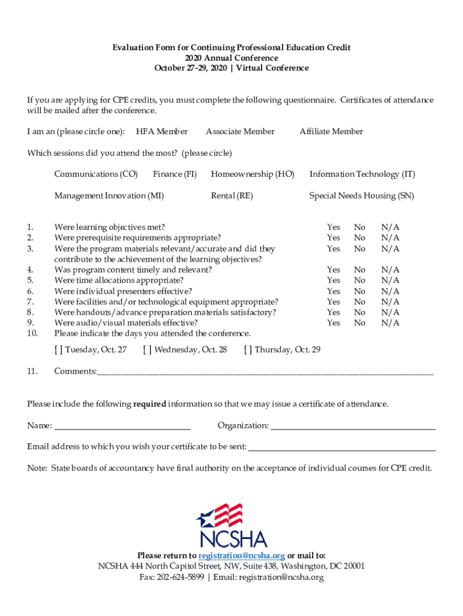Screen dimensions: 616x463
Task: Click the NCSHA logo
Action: point(231,525)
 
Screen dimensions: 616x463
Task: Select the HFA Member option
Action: point(162,132)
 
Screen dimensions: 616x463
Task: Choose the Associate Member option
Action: point(240,132)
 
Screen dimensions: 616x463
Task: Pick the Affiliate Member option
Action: point(331,132)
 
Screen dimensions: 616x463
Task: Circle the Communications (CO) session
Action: point(96,174)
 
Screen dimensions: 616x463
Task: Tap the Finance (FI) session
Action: point(174,174)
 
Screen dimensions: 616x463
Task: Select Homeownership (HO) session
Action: point(253,174)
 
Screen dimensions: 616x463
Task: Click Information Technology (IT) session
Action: point(362,174)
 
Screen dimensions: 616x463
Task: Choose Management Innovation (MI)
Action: point(109,196)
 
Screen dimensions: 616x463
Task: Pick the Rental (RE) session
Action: point(231,196)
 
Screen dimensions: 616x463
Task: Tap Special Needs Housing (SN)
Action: point(361,196)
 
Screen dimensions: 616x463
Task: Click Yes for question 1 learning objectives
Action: point(333,227)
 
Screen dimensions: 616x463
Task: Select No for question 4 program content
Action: point(360,270)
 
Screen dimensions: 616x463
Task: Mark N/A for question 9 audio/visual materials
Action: point(390,323)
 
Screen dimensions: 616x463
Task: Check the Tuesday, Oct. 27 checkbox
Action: point(58,350)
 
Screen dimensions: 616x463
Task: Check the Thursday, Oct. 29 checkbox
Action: point(248,350)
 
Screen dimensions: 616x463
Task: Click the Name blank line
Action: point(122,427)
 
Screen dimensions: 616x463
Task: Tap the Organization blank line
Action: point(353,427)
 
